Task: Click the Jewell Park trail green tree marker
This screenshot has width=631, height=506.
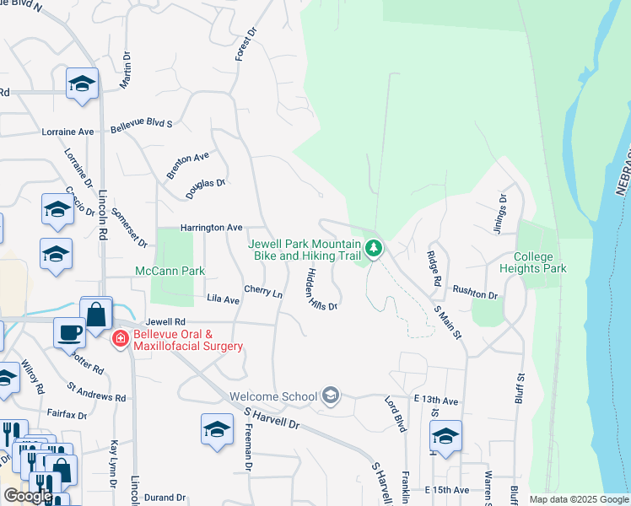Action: click(374, 248)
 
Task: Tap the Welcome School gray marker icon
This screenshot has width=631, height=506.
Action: click(332, 396)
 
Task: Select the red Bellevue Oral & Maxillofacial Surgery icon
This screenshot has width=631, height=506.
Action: click(120, 339)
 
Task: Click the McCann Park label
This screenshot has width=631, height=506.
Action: click(170, 272)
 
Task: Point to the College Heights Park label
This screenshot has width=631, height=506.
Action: click(540, 262)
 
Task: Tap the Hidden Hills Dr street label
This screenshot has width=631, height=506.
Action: click(322, 288)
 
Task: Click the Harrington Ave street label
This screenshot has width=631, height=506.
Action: click(211, 228)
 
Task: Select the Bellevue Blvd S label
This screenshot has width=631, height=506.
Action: click(141, 123)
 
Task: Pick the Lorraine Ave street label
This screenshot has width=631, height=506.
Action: click(67, 132)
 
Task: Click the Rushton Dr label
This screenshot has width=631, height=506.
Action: click(475, 293)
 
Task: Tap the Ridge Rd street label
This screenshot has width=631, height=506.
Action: click(434, 272)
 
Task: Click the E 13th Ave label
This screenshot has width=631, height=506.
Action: click(435, 401)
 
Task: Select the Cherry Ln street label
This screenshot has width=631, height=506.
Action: click(263, 292)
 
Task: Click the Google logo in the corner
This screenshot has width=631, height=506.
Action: click(27, 495)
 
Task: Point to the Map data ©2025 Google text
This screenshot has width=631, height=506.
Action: click(578, 499)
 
